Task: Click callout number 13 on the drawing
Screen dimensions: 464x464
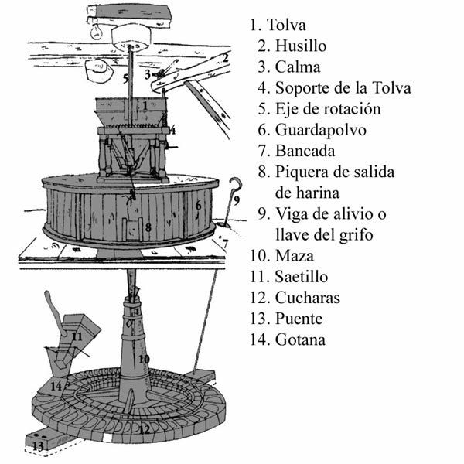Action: tap(36, 445)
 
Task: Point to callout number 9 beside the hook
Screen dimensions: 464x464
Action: tap(237, 200)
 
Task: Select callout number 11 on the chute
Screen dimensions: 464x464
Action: tap(77, 336)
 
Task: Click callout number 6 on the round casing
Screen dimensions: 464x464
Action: tap(198, 206)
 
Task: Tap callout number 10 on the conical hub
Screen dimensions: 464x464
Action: tap(143, 360)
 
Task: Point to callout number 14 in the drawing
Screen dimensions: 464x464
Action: tap(56, 384)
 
